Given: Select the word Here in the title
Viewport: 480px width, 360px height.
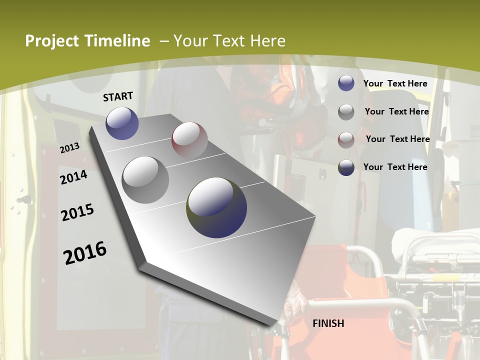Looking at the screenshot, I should click(x=267, y=41).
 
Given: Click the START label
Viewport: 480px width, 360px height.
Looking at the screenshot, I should click(x=118, y=96).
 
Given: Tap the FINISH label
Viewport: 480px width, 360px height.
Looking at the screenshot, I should click(x=328, y=323).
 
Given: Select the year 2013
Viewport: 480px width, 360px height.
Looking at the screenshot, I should click(x=70, y=148).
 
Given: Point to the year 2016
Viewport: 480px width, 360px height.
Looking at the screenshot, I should click(x=85, y=253).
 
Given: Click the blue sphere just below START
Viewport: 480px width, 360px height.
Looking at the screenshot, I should click(x=122, y=123).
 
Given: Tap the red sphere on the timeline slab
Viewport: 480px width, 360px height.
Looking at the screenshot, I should click(x=189, y=139).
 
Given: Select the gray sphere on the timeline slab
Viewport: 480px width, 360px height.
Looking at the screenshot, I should click(x=145, y=179).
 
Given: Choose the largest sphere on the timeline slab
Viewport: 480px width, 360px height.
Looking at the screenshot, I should click(x=216, y=207).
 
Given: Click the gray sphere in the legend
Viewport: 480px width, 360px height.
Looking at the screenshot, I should click(x=346, y=112).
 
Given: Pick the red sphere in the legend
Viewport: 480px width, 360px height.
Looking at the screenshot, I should click(x=346, y=139).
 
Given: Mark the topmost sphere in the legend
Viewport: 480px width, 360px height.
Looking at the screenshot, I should click(x=346, y=83).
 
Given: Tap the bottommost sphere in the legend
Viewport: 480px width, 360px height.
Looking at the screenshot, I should click(x=346, y=167).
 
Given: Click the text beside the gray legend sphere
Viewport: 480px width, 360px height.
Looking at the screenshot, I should click(x=396, y=111).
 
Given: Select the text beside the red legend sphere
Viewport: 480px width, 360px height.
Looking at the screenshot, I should click(x=397, y=139).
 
